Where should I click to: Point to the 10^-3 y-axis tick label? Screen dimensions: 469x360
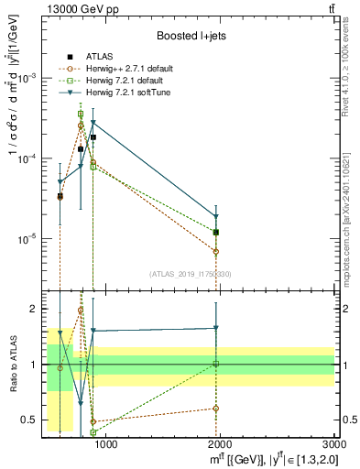point(30,79)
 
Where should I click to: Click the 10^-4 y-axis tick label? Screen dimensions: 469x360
point(30,158)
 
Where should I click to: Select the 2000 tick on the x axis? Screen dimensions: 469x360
point(220,444)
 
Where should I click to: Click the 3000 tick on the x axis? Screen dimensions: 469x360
point(333,444)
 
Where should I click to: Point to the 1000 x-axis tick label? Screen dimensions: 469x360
point(106,444)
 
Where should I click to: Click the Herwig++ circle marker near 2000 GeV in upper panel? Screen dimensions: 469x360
point(216,251)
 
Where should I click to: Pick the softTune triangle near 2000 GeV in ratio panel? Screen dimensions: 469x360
point(216,328)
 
